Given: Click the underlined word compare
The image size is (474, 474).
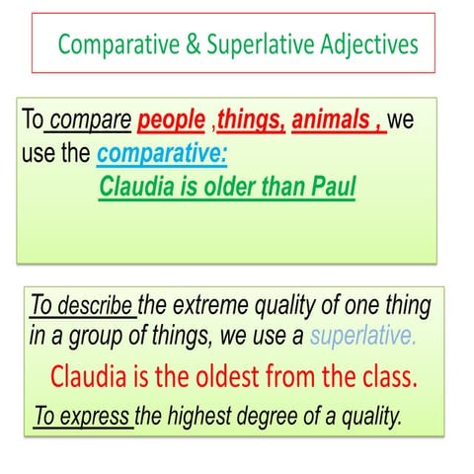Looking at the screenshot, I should [x=90, y=121].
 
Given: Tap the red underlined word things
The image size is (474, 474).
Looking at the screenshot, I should [x=252, y=121].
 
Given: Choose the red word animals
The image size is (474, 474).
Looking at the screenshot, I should [x=332, y=121].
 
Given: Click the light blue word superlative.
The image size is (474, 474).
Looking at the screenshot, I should [x=363, y=336].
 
